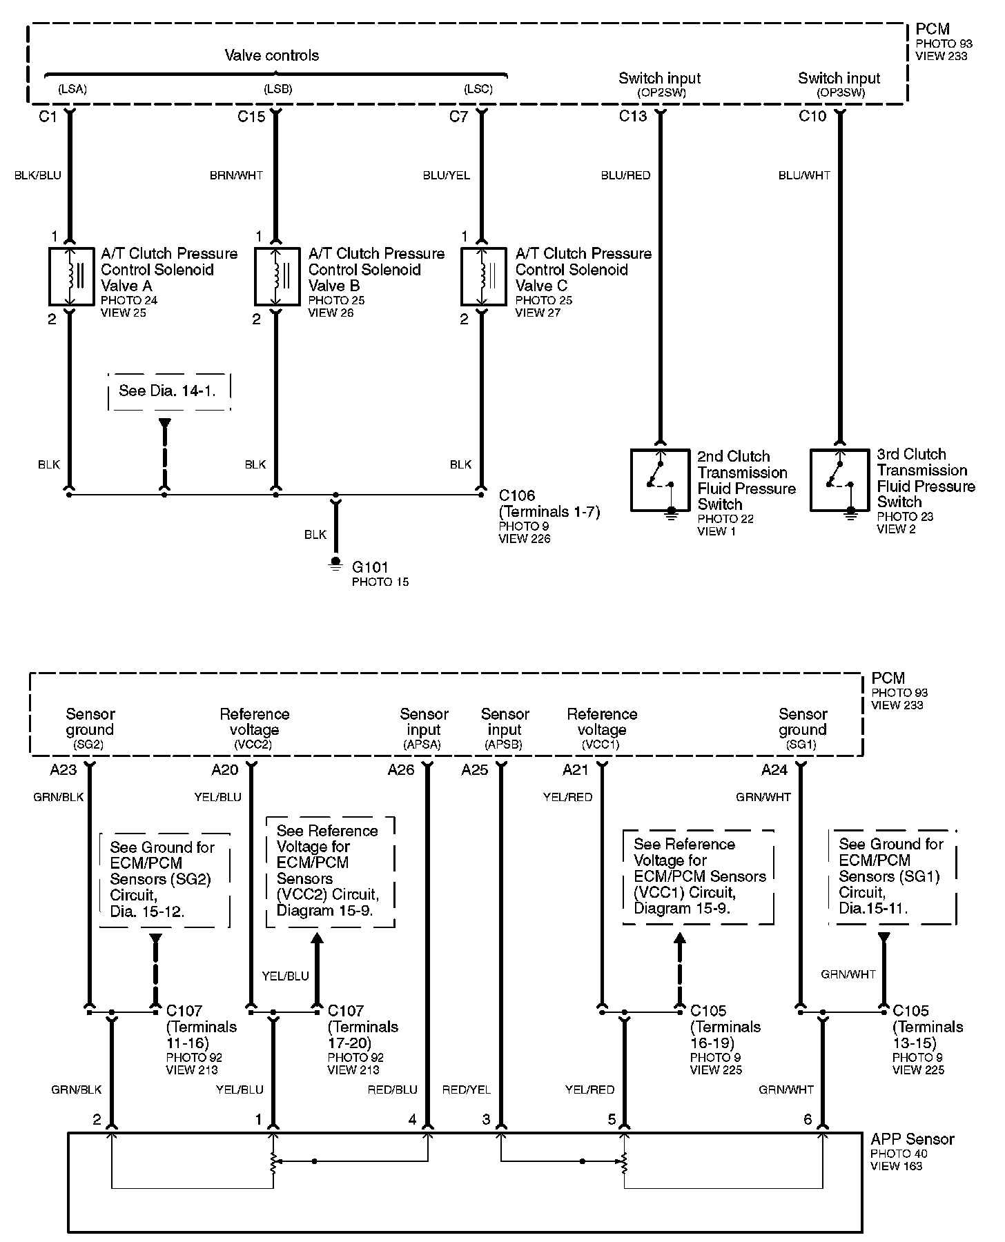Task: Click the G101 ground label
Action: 371,567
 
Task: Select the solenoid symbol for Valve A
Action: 71,276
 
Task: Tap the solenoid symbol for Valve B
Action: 277,276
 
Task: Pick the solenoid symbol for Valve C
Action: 483,276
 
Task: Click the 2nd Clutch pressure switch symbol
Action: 660,480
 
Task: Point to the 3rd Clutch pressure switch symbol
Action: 839,480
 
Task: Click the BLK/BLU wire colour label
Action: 38,175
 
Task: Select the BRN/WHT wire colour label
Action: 236,175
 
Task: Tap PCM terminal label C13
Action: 633,117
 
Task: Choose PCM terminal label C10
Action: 812,117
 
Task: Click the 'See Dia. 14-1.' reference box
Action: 168,391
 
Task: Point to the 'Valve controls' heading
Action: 272,55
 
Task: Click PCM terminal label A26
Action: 401,770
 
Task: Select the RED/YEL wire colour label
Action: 467,1090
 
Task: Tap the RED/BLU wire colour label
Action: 393,1090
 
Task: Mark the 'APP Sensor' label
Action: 912,1139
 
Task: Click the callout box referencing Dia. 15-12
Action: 164,880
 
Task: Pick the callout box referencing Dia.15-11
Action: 892,876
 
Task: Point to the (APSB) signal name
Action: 504,745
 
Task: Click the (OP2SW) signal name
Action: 661,92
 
